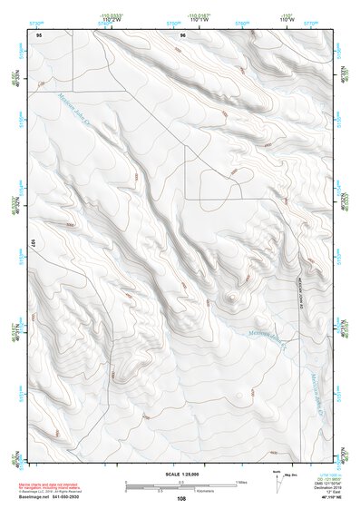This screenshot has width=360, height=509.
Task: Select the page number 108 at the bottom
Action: tap(182, 499)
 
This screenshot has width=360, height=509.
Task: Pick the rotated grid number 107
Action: tap(32, 243)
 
